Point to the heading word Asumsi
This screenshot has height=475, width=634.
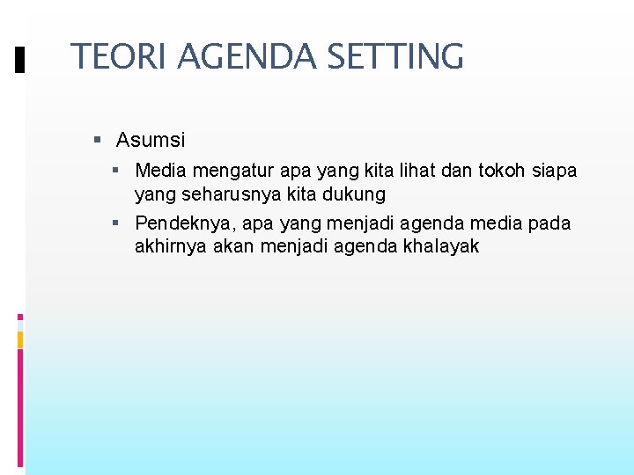coord(151,140)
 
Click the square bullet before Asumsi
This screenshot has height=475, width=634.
coord(98,140)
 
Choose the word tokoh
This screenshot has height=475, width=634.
coord(513,171)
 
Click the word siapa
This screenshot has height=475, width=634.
coord(558,171)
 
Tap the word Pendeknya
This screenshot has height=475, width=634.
coord(183,223)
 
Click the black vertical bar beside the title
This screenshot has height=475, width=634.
coord(20,60)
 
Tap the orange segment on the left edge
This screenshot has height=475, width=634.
coord(20,340)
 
